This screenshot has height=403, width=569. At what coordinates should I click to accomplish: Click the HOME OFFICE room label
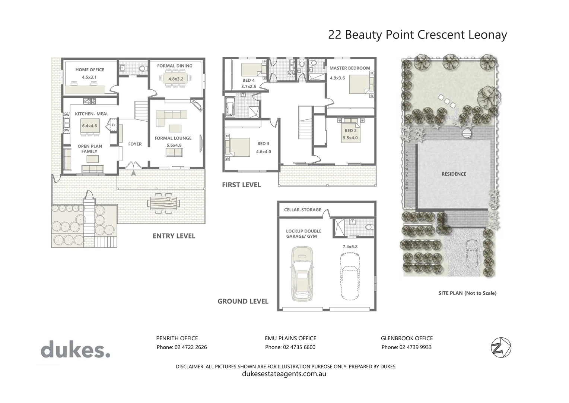(x=90, y=70)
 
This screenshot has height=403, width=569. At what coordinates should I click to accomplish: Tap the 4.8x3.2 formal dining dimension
(x=176, y=79)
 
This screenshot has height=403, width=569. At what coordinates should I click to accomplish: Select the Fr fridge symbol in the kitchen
(x=114, y=125)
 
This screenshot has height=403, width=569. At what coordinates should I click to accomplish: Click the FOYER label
(x=135, y=144)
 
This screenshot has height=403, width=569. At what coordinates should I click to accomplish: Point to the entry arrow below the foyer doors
(x=133, y=173)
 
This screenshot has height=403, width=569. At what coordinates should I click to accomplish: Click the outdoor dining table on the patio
(x=163, y=203)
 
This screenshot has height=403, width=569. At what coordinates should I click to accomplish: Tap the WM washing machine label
(x=291, y=74)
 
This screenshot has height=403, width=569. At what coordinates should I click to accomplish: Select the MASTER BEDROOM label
(x=350, y=68)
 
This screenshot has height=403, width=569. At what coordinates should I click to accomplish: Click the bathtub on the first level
(x=230, y=106)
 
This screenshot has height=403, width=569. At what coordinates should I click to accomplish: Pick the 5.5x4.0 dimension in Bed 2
(x=350, y=138)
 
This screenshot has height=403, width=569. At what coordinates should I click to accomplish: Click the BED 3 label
(x=263, y=144)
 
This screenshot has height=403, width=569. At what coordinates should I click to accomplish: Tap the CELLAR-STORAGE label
(x=302, y=210)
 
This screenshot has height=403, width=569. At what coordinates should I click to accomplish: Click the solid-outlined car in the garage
(x=302, y=274)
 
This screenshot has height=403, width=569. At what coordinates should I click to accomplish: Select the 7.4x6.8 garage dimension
(x=350, y=247)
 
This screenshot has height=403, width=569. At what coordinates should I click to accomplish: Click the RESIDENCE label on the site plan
(x=454, y=174)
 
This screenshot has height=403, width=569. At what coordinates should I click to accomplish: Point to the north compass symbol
(x=501, y=348)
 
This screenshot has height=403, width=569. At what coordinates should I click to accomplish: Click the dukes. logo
(x=76, y=349)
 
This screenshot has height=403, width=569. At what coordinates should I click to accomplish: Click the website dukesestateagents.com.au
(x=284, y=374)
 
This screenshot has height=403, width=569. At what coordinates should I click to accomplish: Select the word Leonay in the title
(x=488, y=35)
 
